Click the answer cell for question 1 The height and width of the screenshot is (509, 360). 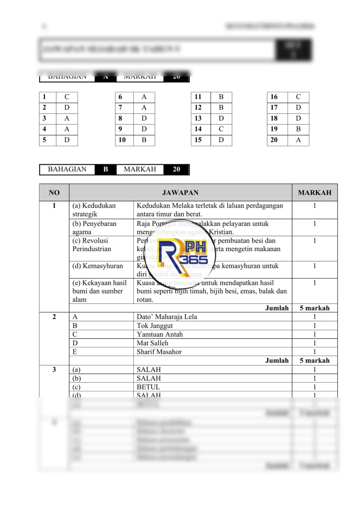point(67,97)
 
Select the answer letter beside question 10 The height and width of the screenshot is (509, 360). point(144,140)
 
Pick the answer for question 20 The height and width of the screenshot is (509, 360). point(298,140)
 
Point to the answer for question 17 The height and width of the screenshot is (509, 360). point(298,108)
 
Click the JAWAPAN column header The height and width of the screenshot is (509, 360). point(180,193)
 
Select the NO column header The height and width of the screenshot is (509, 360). point(54,193)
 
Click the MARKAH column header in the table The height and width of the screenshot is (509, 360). point(315,193)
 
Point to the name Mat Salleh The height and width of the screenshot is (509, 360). point(152,343)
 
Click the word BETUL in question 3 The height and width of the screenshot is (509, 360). point(148,387)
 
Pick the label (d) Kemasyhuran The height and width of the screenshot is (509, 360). point(97,266)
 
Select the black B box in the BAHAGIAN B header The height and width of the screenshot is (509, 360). point(106,169)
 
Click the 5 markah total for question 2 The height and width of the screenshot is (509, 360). point(314,360)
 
